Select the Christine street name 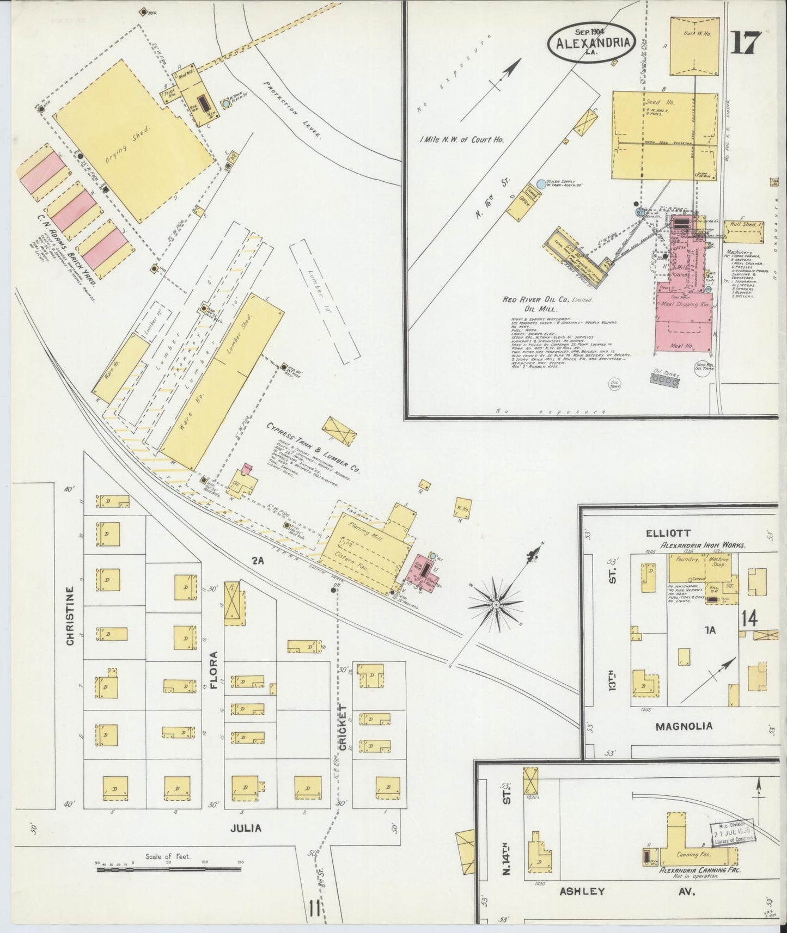[69, 616]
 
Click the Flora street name [213, 669]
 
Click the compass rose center [496, 605]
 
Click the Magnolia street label [684, 726]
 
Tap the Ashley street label [582, 891]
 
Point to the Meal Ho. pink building [684, 346]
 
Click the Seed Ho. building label [653, 102]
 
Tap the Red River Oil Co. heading [547, 299]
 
